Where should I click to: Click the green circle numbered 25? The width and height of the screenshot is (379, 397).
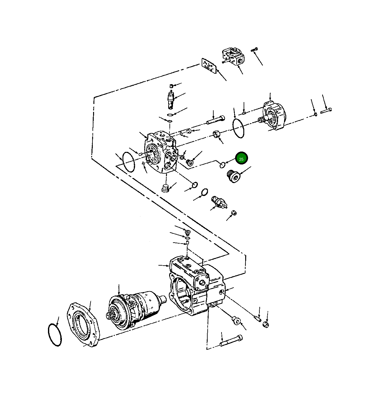click(x=241, y=159)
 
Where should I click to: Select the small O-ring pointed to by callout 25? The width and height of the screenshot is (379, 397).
click(x=222, y=164)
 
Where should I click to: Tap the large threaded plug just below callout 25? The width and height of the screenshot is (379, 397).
click(x=234, y=176)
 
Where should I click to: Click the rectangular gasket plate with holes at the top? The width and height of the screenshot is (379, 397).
click(x=209, y=66)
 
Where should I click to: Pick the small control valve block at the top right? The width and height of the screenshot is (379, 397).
click(x=234, y=56)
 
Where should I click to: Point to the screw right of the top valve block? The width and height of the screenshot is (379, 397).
click(x=254, y=49)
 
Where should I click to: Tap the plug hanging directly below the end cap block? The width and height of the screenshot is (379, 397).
click(x=164, y=188)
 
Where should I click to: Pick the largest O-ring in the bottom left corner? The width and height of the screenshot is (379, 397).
click(x=55, y=335)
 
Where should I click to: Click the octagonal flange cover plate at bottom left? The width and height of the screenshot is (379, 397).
click(x=83, y=325)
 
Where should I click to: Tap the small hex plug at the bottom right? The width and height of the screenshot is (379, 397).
click(x=265, y=324)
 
